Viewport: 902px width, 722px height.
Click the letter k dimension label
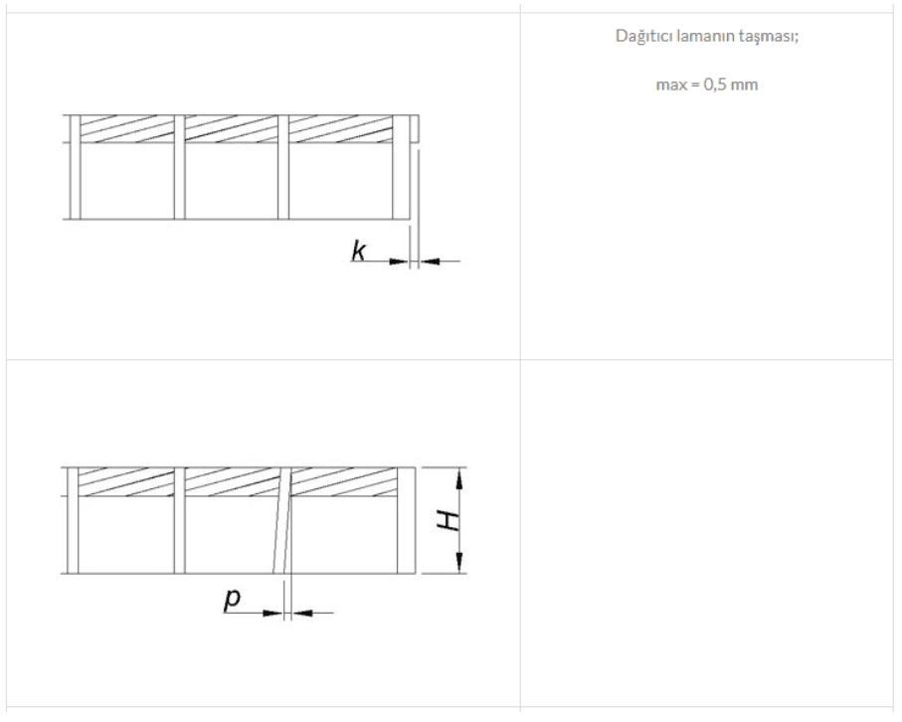point(358,253)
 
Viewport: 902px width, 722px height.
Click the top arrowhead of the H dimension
point(459,475)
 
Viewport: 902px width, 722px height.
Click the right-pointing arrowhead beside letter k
point(402,261)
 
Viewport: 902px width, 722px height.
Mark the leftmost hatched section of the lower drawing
point(125,482)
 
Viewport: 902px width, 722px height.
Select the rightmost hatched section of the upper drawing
point(340,129)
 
